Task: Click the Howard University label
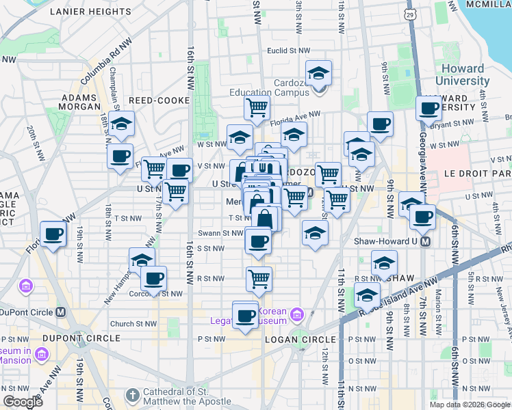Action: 463,74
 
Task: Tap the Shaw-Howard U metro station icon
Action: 425,241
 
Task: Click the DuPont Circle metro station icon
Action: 60,312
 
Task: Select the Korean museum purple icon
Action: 296,314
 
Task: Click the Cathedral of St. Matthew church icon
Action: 133,394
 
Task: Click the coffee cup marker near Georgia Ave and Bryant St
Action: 429,109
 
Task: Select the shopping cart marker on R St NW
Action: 259,278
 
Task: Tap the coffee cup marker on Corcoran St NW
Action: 153,278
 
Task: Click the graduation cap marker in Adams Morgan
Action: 122,124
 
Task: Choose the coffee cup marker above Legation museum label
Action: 245,314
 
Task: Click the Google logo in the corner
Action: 23,401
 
